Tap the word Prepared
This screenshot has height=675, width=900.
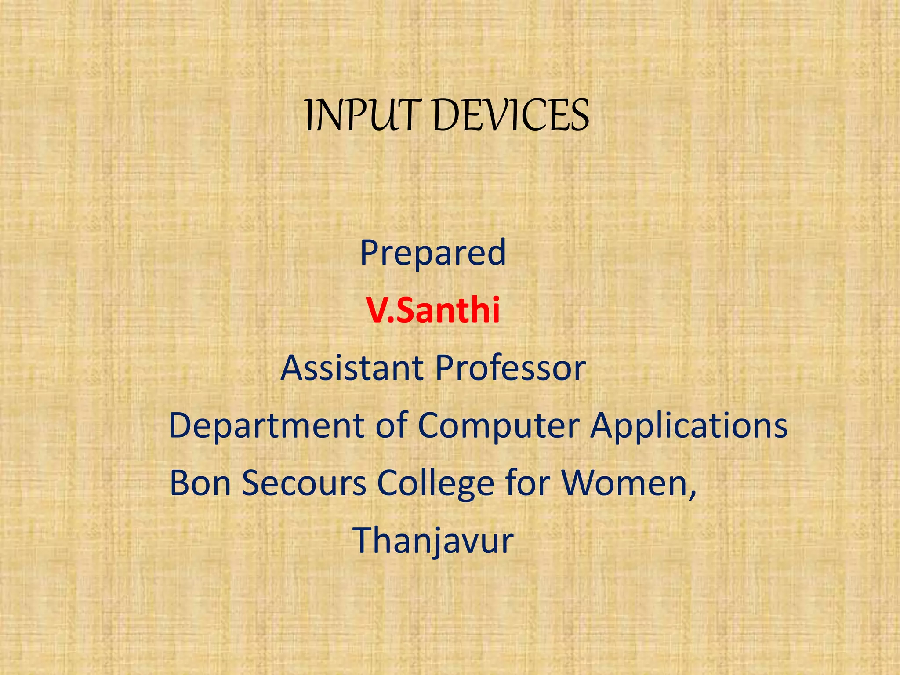pyautogui.click(x=433, y=253)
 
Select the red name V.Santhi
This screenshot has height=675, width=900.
pyautogui.click(x=434, y=310)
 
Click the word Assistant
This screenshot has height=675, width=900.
pyautogui.click(x=352, y=368)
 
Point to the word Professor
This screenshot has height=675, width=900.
pyautogui.click(x=511, y=368)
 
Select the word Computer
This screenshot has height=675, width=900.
pyautogui.click(x=498, y=426)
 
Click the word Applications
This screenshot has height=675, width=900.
pyautogui.click(x=689, y=426)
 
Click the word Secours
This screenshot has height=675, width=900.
pyautogui.click(x=304, y=483)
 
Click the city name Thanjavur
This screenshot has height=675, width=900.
pyautogui.click(x=433, y=541)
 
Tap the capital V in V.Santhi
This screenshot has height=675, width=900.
pyautogui.click(x=377, y=311)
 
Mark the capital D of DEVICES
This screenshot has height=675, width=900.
pyautogui.click(x=448, y=116)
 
